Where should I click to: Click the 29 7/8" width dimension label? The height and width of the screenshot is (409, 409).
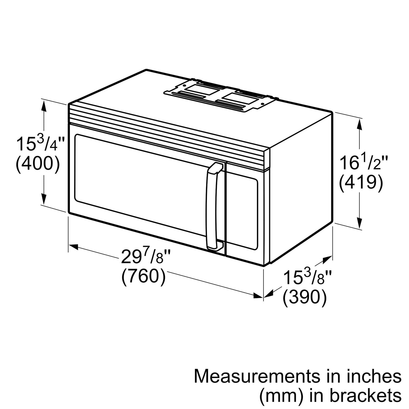click(146, 257)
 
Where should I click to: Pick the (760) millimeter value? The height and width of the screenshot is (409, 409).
click(144, 276)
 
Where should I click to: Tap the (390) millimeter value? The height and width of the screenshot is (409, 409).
click(305, 297)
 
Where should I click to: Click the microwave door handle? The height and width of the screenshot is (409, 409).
click(213, 207)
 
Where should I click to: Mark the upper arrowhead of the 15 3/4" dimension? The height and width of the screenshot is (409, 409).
click(44, 105)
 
